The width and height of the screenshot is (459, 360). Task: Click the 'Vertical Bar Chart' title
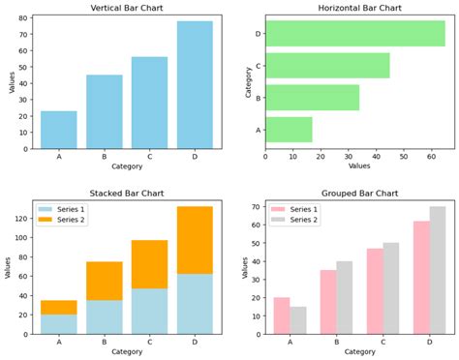click(126, 8)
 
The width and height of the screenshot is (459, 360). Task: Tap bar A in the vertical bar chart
click(59, 130)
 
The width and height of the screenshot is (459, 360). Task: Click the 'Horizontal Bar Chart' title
click(359, 8)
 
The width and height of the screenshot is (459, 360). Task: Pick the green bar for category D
click(354, 34)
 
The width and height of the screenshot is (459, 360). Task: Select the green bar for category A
click(289, 130)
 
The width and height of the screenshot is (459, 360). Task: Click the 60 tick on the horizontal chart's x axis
click(432, 157)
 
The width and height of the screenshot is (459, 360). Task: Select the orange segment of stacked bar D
click(195, 240)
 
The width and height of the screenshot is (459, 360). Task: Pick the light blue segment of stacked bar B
click(105, 316)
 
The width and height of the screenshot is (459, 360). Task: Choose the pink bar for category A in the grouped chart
click(282, 315)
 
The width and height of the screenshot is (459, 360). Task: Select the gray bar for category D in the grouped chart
click(438, 270)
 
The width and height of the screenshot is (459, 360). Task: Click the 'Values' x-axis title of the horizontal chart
click(359, 166)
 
